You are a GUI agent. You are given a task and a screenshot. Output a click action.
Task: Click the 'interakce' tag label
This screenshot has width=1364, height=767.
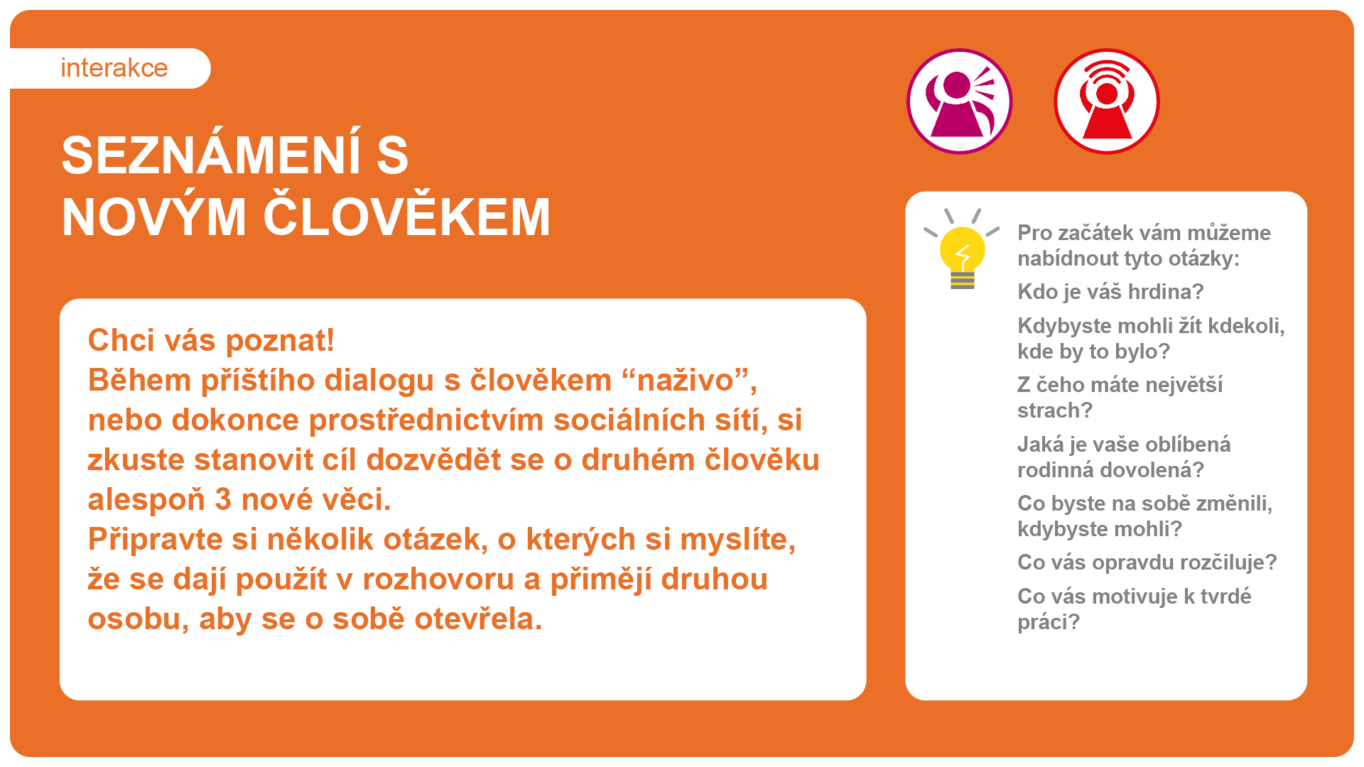[x=114, y=68]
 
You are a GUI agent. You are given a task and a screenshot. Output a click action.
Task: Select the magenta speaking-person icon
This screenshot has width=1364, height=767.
[x=960, y=102]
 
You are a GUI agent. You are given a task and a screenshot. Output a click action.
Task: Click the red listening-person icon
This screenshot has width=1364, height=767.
[x=1107, y=102]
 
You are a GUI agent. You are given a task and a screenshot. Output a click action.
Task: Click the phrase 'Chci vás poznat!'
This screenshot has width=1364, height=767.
[x=211, y=341]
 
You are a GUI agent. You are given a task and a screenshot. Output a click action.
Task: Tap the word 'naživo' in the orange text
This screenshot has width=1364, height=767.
[x=685, y=381]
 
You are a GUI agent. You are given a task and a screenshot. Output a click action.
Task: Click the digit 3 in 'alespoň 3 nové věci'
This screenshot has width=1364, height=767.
[x=223, y=500]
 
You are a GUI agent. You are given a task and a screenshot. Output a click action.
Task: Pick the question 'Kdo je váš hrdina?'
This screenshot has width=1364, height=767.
[x=1110, y=292]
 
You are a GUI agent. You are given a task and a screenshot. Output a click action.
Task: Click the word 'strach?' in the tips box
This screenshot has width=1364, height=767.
[x=1054, y=410]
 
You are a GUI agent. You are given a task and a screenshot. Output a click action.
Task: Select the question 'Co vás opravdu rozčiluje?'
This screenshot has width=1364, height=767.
[x=1147, y=562]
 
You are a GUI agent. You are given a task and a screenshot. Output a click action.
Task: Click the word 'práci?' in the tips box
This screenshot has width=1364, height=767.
[x=1048, y=622]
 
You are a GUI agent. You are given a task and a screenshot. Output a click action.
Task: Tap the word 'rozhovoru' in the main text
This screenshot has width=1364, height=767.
[x=438, y=580]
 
